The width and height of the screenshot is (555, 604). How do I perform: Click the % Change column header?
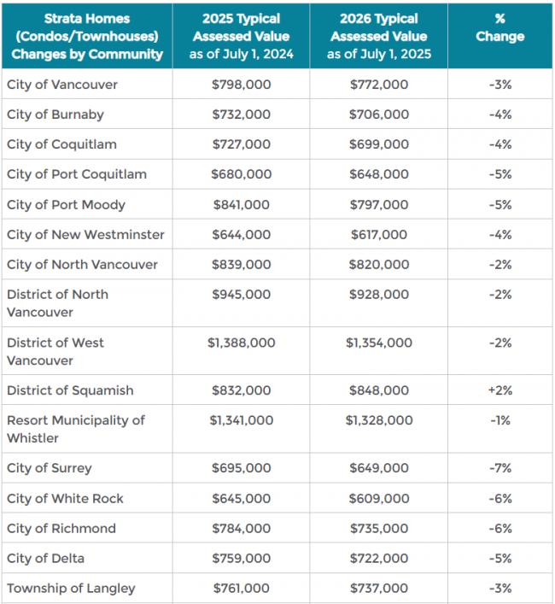[x=500, y=28]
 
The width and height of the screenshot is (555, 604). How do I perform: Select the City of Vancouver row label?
[x=62, y=85]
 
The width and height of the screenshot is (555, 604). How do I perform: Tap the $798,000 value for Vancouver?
[x=242, y=85]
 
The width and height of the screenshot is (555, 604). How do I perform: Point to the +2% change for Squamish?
[x=500, y=390]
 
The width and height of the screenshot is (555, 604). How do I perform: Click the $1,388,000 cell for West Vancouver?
[x=242, y=343]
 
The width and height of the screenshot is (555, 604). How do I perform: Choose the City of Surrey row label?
[x=50, y=468]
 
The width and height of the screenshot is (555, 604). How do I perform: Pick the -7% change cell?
[x=500, y=468]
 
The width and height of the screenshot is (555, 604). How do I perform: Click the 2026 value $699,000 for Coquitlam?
[x=378, y=144]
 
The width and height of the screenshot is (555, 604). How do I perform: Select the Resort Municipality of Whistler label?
[x=76, y=429]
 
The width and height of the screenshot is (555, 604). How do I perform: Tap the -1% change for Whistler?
[x=500, y=420]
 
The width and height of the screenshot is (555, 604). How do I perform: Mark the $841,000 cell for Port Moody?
[x=242, y=205]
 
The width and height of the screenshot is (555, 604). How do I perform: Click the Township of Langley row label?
[x=71, y=588]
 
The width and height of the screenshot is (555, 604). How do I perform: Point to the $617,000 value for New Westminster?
[x=378, y=235]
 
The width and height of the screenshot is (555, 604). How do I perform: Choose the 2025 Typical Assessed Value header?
[x=242, y=37]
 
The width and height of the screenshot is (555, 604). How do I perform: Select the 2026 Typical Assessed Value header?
[x=378, y=37]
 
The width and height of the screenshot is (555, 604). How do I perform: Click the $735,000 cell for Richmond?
[x=378, y=528]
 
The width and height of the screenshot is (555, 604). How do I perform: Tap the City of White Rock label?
[x=65, y=498]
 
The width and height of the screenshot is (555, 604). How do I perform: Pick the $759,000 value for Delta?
[x=242, y=558]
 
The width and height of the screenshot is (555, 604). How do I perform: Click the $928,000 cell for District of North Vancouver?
[x=378, y=295]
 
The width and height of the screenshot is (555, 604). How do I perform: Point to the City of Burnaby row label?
[x=55, y=114]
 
